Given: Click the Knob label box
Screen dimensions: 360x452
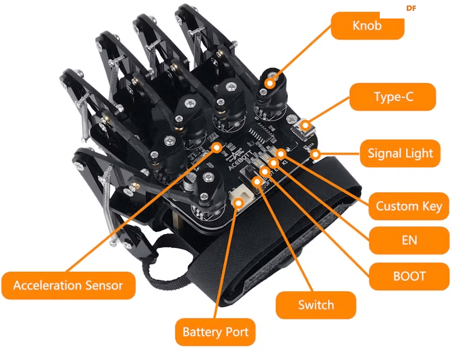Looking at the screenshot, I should click(x=367, y=26).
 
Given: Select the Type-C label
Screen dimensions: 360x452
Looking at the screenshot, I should click(x=393, y=97).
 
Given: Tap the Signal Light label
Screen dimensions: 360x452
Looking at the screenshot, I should click(x=400, y=153).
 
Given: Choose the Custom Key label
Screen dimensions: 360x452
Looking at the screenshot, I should click(x=408, y=206).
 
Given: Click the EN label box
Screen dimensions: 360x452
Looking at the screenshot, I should click(x=409, y=240).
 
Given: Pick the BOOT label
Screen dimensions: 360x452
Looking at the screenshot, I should click(x=409, y=276).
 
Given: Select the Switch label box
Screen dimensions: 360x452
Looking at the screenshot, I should click(x=316, y=305).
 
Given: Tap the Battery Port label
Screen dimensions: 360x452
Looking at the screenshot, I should click(x=215, y=332).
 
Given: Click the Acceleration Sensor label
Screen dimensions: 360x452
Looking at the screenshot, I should click(x=68, y=286).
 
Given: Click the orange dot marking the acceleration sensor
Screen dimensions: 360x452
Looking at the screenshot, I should click(x=217, y=147).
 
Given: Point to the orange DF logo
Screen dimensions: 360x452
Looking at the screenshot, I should click(x=411, y=8).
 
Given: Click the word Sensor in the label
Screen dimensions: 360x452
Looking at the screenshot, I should click(x=102, y=286).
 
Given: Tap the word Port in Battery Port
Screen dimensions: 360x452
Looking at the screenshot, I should click(x=237, y=332).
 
